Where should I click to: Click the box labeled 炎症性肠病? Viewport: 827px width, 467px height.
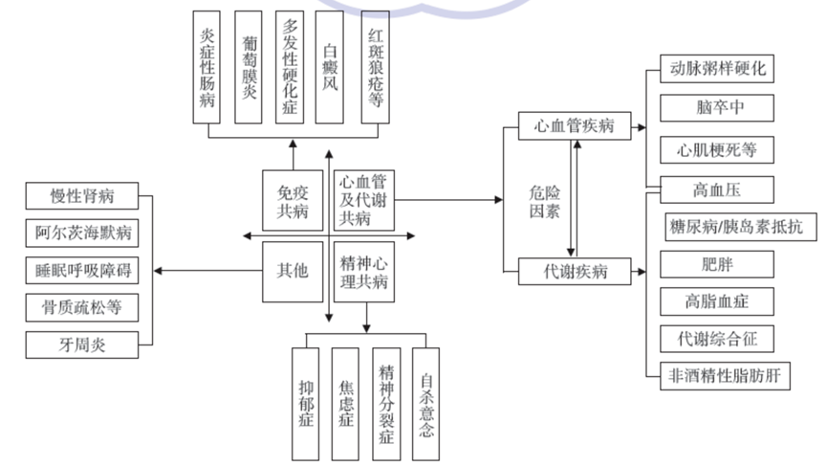pos(207,67)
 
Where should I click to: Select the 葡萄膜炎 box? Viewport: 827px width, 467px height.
pos(249,67)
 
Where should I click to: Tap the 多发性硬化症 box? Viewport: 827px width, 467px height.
pos(290,67)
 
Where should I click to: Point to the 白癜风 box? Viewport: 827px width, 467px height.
pos(331,67)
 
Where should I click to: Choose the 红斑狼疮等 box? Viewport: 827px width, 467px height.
pos(375,67)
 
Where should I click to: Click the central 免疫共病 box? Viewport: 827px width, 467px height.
pos(291,199)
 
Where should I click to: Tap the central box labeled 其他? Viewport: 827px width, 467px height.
pos(291,272)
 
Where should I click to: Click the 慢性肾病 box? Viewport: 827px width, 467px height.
pos(82,196)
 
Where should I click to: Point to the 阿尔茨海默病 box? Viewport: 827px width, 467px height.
pos(82,233)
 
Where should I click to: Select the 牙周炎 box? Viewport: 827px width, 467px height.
pos(82,345)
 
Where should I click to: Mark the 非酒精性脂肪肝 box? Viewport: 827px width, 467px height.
pos(725,376)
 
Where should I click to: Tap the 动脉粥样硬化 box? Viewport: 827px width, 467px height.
pos(718,70)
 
